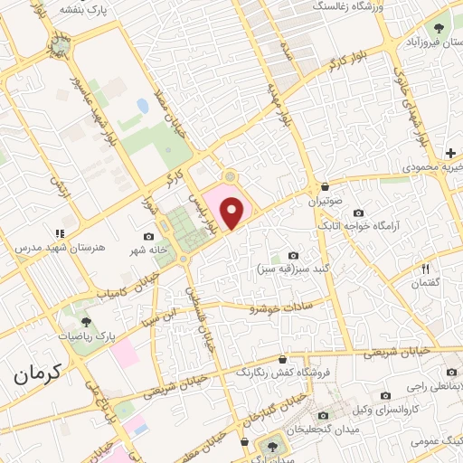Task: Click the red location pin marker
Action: pyautogui.click(x=233, y=213)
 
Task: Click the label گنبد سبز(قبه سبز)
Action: pyautogui.click(x=295, y=269)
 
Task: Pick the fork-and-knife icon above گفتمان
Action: pyautogui.click(x=424, y=269)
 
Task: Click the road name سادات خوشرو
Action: pyautogui.click(x=280, y=307)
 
